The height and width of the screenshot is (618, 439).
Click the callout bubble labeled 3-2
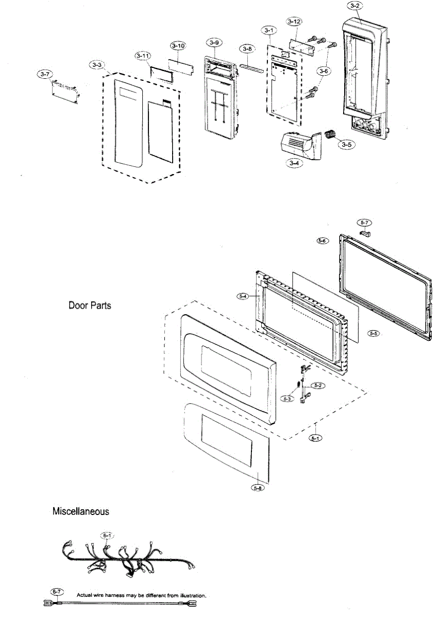(x=355, y=6)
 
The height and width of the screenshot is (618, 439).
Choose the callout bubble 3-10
(x=178, y=46)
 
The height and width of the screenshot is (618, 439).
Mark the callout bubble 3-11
(x=143, y=55)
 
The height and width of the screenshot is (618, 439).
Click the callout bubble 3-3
(x=96, y=65)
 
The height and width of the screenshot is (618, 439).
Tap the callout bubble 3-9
(x=215, y=41)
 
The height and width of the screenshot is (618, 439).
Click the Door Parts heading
(x=90, y=305)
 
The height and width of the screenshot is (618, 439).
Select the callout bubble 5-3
(x=287, y=398)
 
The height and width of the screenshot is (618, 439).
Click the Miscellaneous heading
(x=80, y=512)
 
